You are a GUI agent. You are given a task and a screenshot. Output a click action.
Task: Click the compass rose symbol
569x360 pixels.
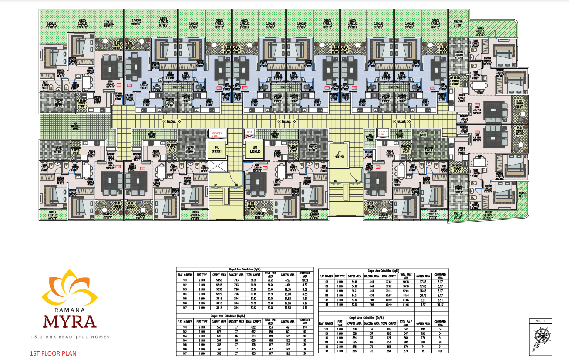click(x=542, y=340)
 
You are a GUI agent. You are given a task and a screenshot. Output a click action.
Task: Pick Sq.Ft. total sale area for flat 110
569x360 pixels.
click(x=405, y=338)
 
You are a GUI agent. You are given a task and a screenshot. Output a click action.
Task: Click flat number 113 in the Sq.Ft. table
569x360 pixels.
click(x=327, y=350)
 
